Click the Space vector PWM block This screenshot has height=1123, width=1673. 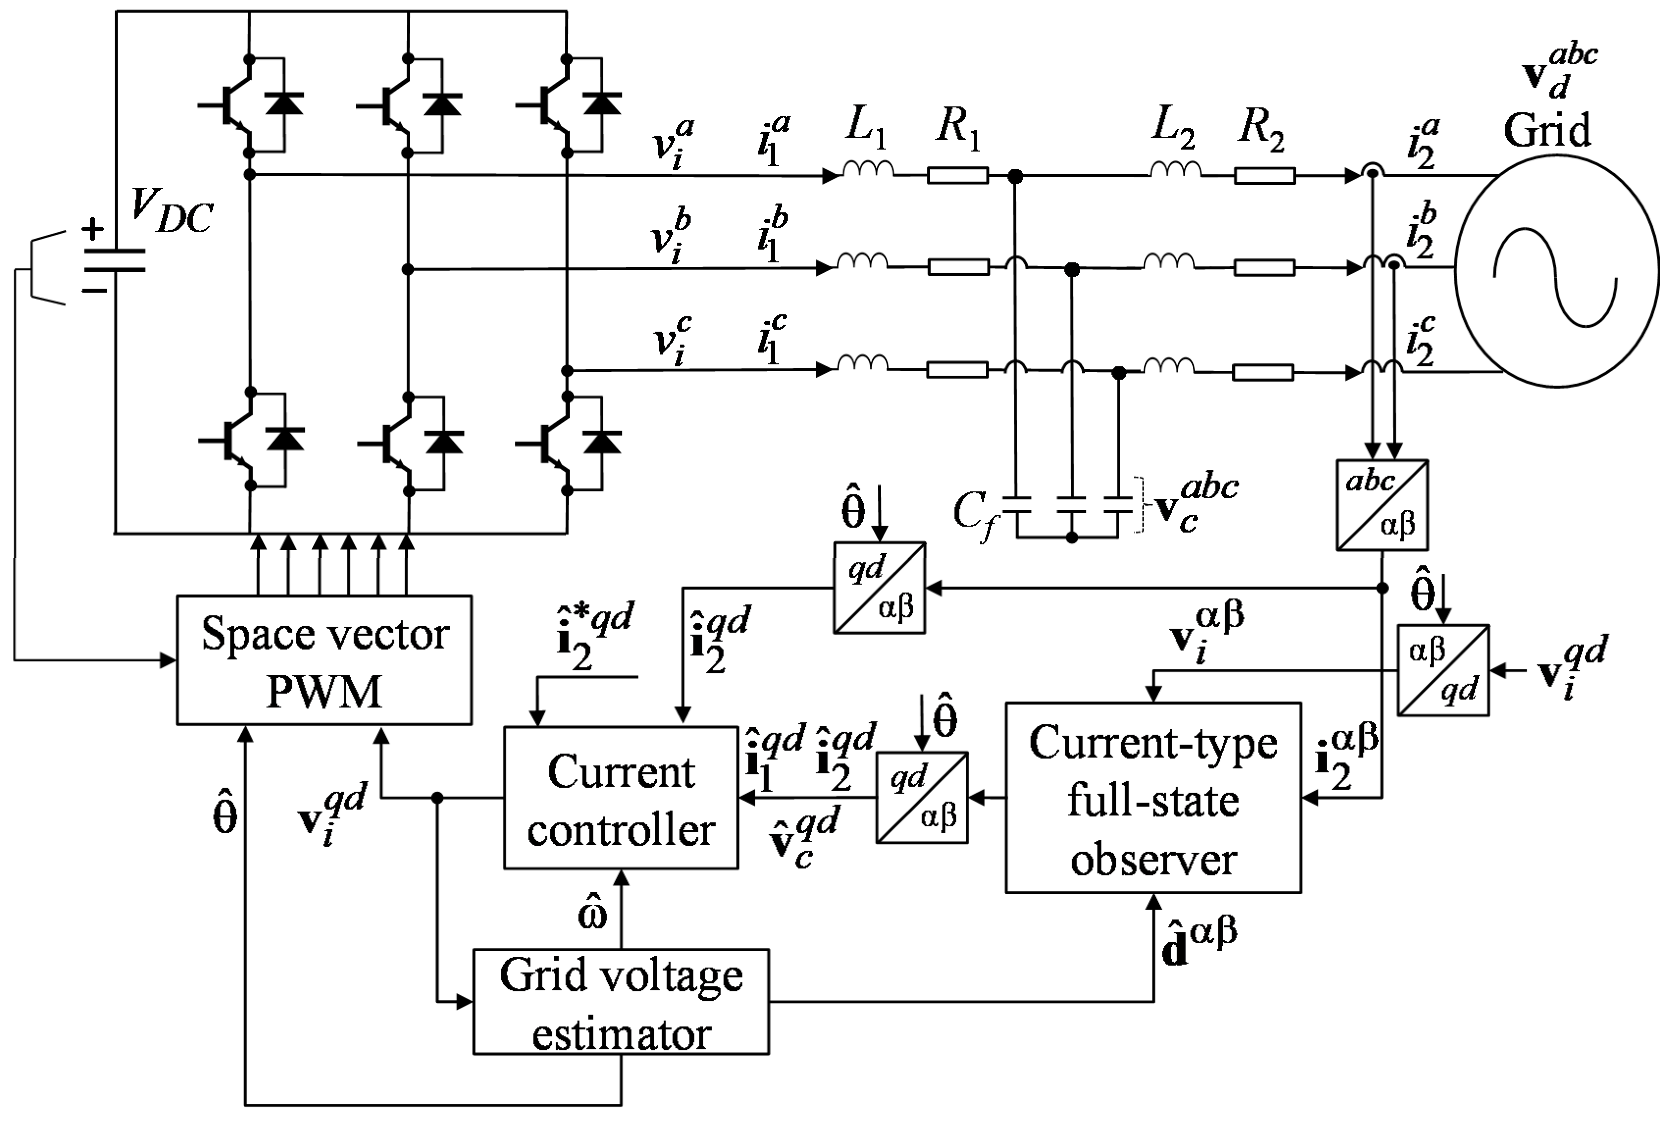point(324,661)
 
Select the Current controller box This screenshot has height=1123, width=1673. point(620,798)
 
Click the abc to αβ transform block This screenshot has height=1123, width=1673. point(1382,505)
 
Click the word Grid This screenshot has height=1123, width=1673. point(1546,130)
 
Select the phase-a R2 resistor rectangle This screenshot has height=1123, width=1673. point(1264,176)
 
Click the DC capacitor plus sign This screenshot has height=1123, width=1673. point(92,229)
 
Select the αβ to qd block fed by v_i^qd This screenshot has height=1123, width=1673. point(1442,670)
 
